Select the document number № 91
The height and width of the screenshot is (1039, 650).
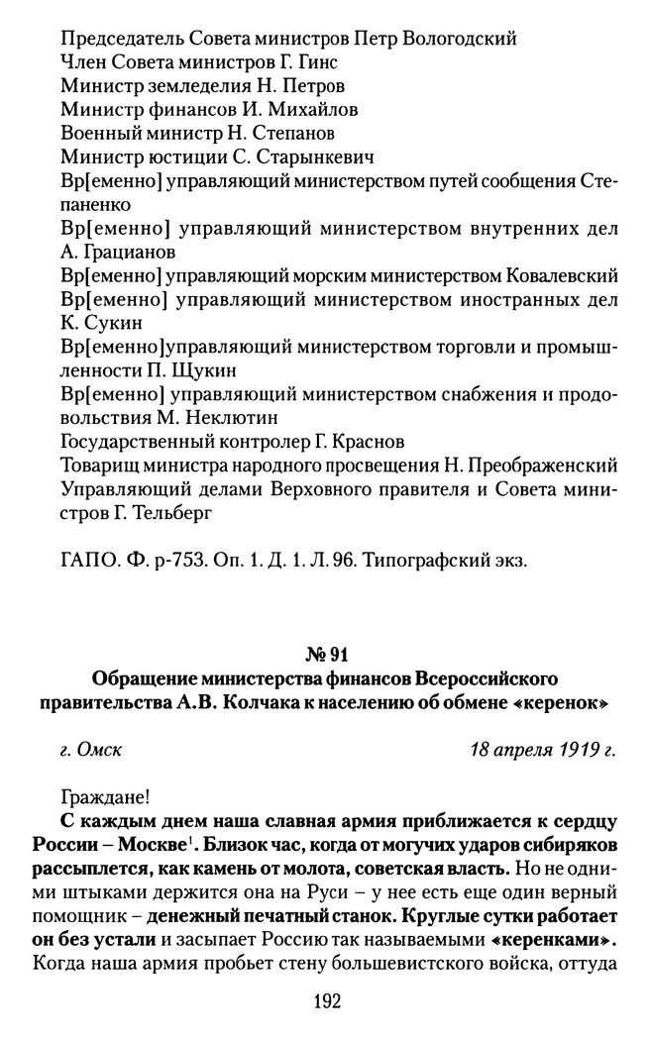click(x=325, y=654)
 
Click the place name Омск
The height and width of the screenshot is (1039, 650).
click(x=100, y=750)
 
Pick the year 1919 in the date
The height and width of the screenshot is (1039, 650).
click(x=569, y=750)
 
